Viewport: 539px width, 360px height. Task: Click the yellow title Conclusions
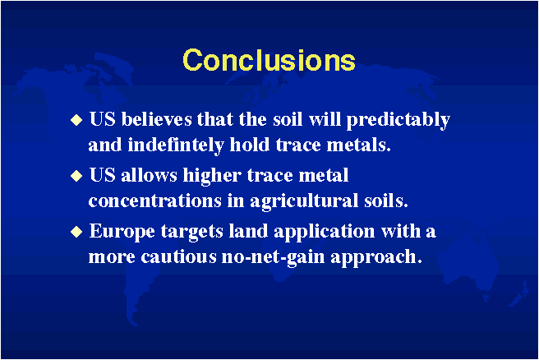[269, 60]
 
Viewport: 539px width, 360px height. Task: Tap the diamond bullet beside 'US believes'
[76, 120]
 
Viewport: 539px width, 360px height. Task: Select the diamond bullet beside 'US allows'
[76, 176]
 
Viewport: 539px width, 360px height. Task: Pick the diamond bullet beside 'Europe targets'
[76, 232]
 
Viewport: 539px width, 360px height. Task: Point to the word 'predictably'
[398, 121]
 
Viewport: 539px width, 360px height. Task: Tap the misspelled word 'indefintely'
[176, 145]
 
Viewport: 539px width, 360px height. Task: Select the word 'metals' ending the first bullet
[358, 145]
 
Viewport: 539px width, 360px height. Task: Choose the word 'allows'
[149, 175]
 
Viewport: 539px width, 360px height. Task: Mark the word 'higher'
[212, 177]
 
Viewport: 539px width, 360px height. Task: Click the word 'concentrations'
[154, 201]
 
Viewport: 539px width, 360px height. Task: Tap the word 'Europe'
[122, 232]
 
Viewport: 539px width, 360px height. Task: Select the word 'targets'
[192, 233]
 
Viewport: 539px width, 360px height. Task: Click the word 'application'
[325, 232]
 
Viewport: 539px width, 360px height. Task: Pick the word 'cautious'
[179, 257]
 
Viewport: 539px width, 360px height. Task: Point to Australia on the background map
[470, 262]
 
